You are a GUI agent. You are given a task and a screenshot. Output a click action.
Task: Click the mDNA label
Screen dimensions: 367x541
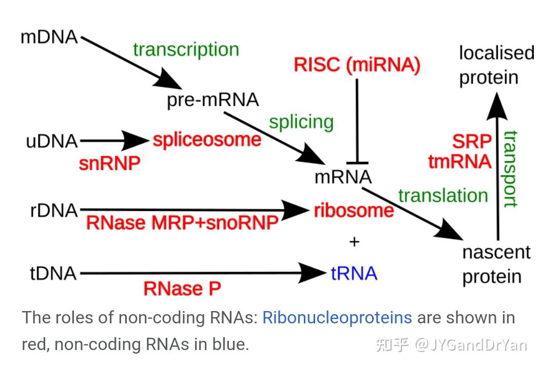coord(49,37)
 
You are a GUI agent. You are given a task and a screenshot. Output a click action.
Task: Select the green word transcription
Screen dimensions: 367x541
coord(186,50)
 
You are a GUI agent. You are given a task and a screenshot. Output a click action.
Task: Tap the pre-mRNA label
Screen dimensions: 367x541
coord(212,100)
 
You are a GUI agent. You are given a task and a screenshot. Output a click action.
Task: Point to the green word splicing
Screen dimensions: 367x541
coord(301,123)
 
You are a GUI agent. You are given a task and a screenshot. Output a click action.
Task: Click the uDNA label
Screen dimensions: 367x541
coord(52,141)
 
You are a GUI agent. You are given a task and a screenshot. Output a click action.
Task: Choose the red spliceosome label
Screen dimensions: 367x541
coord(207,140)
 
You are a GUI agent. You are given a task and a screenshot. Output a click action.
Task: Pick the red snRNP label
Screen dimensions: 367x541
coord(109,163)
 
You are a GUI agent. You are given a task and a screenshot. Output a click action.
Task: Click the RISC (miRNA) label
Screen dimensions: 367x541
coord(357,65)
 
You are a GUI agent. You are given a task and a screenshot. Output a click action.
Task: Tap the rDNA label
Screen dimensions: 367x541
coord(54,210)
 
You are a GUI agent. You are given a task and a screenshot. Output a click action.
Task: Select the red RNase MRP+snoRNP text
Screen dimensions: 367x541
coord(182,223)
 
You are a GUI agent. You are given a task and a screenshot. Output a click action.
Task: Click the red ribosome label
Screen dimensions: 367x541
coord(354,210)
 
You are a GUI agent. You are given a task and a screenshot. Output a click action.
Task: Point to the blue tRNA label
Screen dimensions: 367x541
coord(354,274)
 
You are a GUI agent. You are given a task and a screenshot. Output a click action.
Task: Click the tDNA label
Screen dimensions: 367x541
coord(53,274)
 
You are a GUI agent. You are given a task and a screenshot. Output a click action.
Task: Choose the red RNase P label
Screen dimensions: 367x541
coord(182,289)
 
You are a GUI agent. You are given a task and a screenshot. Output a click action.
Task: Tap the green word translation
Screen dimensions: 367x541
coord(442,196)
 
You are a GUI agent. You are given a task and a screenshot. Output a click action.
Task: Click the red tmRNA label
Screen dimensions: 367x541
coord(460,162)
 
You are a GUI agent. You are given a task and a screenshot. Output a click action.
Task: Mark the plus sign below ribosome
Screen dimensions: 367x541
coord(354,241)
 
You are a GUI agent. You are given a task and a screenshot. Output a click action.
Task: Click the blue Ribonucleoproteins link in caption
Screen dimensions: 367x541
coord(337,318)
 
